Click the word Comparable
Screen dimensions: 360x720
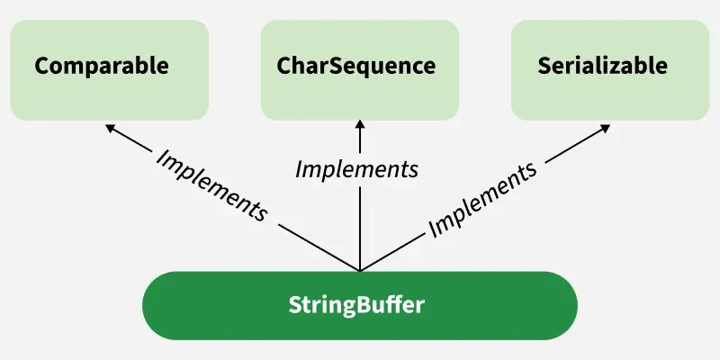tap(101, 66)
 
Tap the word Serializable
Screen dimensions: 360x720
tap(602, 66)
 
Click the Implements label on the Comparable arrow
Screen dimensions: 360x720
tap(211, 184)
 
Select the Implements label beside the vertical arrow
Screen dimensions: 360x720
tap(357, 168)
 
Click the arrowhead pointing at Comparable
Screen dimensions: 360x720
tap(110, 128)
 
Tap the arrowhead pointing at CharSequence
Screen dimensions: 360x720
tap(360, 127)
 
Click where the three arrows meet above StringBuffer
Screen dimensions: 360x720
tap(360, 270)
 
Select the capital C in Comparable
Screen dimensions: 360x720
tap(41, 66)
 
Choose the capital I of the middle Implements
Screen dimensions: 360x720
tap(299, 169)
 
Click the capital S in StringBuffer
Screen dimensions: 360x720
tap(294, 304)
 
